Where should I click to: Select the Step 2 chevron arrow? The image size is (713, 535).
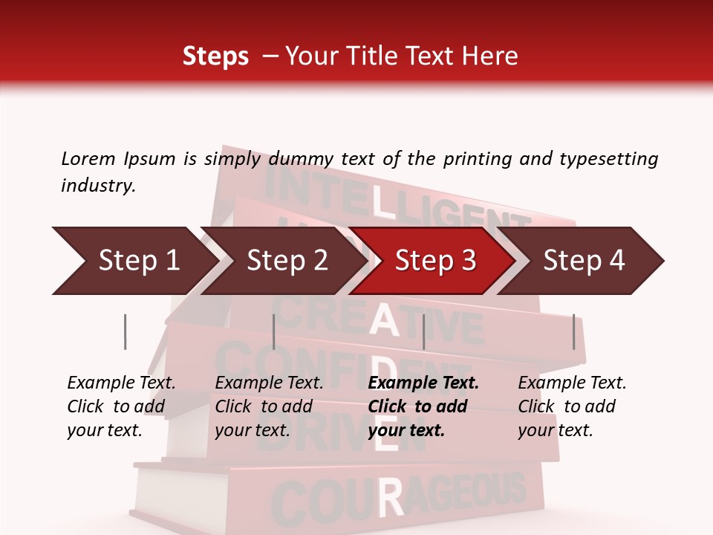click(286, 261)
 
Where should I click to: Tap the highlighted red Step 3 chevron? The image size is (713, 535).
click(434, 261)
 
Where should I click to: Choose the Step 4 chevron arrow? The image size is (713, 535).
click(583, 261)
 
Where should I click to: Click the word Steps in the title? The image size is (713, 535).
click(215, 56)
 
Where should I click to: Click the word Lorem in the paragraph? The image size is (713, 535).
click(88, 158)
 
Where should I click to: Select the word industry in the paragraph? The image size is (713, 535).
click(98, 186)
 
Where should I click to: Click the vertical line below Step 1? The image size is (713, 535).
click(125, 331)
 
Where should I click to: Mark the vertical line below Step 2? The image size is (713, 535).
click(274, 331)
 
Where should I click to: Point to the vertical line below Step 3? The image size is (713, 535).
click(423, 331)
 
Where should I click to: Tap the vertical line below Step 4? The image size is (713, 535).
click(573, 331)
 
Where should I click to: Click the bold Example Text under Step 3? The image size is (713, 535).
click(423, 383)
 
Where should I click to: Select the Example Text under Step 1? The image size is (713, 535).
click(121, 383)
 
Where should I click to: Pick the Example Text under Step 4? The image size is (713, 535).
click(572, 383)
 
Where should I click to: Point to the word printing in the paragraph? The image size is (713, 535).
click(475, 158)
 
